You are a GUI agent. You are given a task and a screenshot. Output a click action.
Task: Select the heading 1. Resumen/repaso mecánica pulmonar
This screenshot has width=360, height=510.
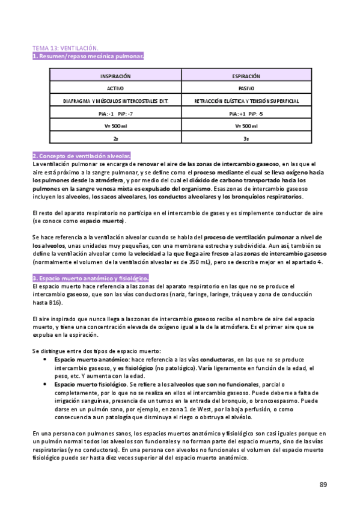tap(88, 56)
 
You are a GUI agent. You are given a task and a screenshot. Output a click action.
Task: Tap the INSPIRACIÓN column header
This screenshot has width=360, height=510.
tap(115, 77)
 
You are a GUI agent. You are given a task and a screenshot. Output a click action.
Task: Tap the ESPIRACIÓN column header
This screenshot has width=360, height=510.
tap(246, 77)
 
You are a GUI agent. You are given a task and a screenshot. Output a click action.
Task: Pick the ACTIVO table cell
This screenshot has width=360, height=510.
tap(115, 88)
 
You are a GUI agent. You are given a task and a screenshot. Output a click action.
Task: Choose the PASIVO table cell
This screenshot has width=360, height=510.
tap(246, 88)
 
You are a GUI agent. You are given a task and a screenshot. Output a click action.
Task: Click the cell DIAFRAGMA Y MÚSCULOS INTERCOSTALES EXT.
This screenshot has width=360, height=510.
tap(115, 101)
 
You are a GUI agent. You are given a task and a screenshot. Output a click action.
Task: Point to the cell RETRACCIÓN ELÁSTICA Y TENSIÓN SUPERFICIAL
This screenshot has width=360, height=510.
tap(246, 101)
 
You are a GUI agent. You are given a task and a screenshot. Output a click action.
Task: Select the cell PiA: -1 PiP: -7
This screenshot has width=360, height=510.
tap(115, 113)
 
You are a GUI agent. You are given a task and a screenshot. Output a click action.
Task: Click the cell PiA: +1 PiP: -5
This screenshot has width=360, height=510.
tap(246, 113)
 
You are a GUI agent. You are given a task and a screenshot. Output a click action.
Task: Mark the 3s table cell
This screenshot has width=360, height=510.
tap(246, 138)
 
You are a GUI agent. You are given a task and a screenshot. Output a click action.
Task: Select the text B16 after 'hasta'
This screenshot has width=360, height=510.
tap(55, 303)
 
